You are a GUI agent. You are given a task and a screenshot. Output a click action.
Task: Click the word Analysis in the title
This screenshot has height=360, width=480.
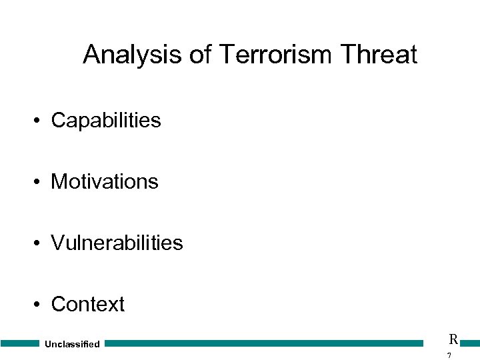point(133,55)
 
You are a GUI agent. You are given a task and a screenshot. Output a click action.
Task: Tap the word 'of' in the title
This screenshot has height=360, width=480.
point(200,55)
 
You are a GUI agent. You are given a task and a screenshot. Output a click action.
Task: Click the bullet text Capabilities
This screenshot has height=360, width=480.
point(106,121)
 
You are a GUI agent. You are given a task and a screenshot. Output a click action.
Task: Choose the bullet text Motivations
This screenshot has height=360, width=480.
point(105,181)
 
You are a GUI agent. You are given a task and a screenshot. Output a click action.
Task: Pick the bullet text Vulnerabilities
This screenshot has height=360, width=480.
point(117,243)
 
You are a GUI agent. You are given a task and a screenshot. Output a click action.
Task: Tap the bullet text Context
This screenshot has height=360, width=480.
point(87,304)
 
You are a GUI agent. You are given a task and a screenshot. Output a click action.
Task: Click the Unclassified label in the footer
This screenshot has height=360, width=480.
point(72,344)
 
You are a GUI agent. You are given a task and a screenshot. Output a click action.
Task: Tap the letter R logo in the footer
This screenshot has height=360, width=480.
point(453,339)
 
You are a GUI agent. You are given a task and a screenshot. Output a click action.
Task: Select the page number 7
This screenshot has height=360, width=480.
point(449,355)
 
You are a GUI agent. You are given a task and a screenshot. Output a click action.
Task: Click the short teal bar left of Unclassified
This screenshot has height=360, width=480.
point(20,343)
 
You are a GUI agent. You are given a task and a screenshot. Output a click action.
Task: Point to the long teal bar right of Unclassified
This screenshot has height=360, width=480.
point(264,343)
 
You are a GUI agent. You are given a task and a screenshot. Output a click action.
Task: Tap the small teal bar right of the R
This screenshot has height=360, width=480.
point(469,343)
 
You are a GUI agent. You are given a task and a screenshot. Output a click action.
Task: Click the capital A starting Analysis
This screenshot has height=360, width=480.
point(91,55)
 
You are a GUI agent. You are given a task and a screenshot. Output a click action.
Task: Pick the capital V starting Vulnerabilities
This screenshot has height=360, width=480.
point(58,243)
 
